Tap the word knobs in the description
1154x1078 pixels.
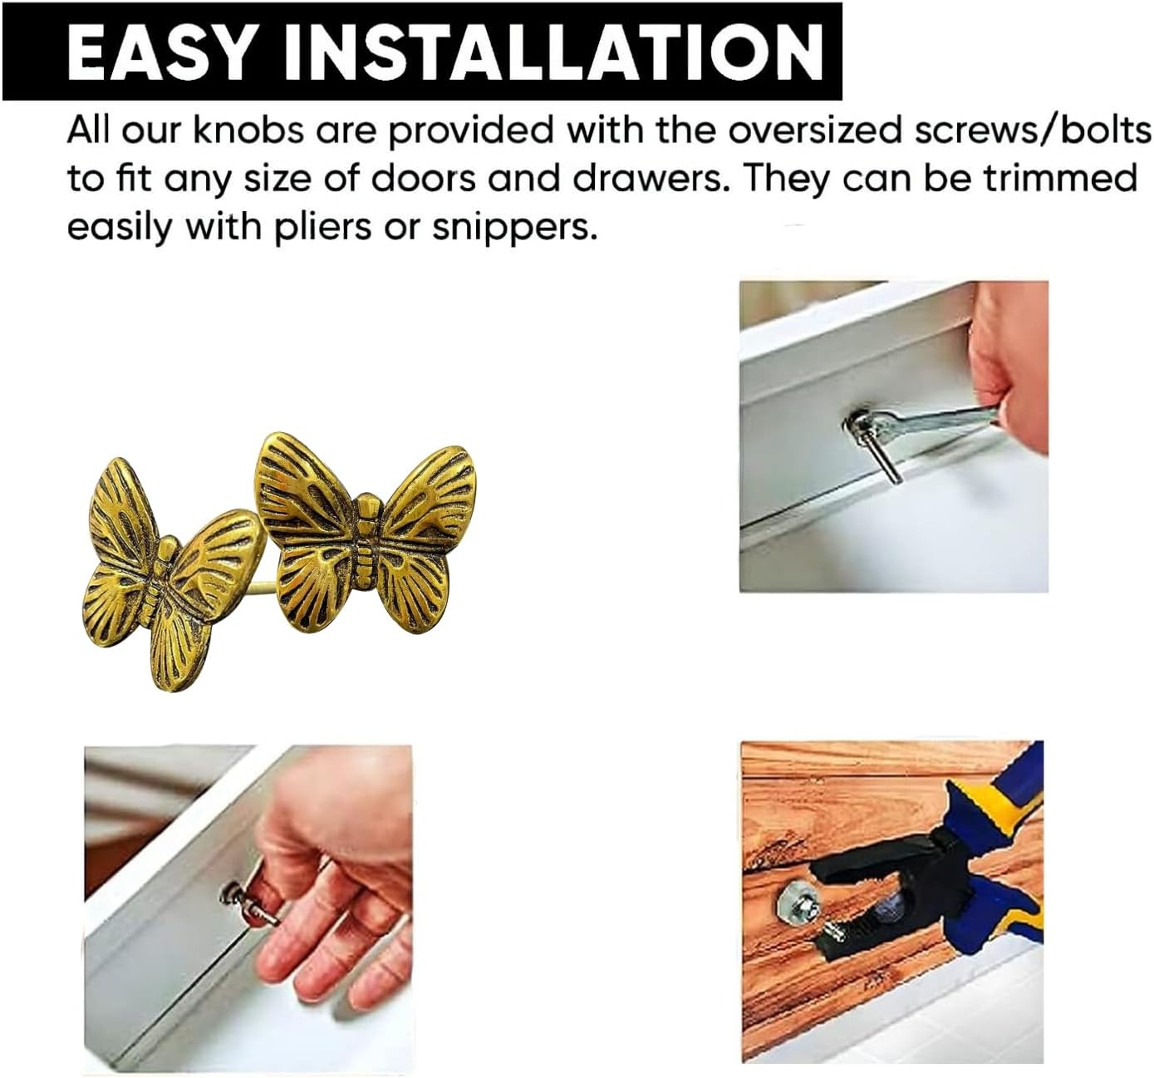pyautogui.click(x=248, y=130)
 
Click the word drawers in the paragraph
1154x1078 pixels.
pyautogui.click(x=647, y=178)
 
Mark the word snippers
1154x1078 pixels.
pyautogui.click(x=514, y=228)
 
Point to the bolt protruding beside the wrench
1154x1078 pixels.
pyautogui.click(x=888, y=460)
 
